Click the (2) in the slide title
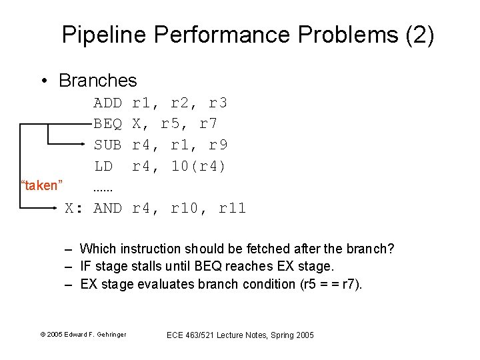click(x=419, y=35)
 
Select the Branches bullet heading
click(x=97, y=81)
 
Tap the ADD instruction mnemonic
click(x=107, y=103)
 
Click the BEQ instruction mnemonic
click(x=107, y=123)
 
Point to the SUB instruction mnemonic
click(x=107, y=144)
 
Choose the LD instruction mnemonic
click(x=103, y=165)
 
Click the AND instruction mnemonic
click(x=107, y=209)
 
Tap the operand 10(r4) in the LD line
click(x=199, y=165)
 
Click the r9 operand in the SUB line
click(x=218, y=144)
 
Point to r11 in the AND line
click(x=232, y=209)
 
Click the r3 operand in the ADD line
click(x=218, y=103)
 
